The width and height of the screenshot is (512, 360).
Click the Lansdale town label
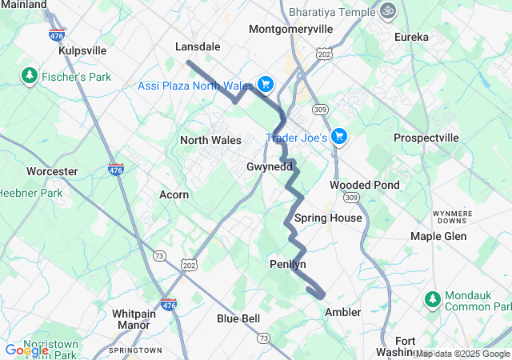[x=198, y=47]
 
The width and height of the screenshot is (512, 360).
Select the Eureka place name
[x=411, y=37]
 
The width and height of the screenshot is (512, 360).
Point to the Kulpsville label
[x=82, y=50]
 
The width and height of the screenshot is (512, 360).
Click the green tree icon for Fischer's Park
[x=30, y=76]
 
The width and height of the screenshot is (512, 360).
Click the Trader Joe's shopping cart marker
[x=339, y=137]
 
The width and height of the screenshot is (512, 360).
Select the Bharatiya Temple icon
[x=388, y=12]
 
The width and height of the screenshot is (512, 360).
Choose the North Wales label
[x=210, y=140]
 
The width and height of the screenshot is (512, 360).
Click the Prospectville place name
[x=426, y=138]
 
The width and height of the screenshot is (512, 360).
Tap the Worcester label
[x=52, y=171]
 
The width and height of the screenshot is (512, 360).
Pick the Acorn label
[x=174, y=194]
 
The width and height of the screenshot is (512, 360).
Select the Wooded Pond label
[x=364, y=185]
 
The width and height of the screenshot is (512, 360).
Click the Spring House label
[x=328, y=218]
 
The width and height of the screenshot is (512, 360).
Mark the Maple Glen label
[x=438, y=236]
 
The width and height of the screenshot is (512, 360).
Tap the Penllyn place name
[x=288, y=264]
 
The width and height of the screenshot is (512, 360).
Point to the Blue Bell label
[x=238, y=318]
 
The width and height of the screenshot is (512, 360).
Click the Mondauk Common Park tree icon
[x=433, y=299]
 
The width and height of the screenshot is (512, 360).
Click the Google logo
[x=26, y=350]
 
